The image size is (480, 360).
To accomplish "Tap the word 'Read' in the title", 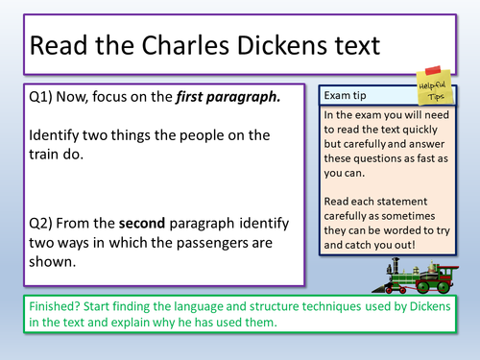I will tap(58, 47).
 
